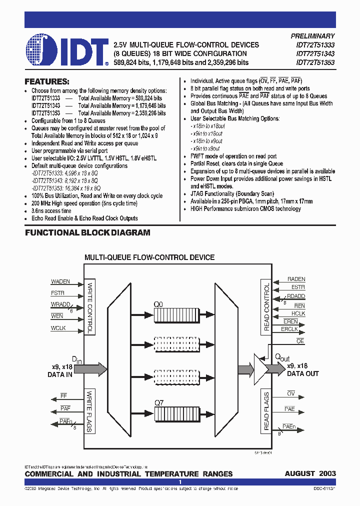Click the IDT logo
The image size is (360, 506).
[67, 49]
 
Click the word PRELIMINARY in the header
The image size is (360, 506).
[312, 36]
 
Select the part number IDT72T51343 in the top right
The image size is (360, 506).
[315, 54]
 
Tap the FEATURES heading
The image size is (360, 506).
[47, 81]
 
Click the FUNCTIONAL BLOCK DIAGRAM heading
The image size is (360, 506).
[87, 232]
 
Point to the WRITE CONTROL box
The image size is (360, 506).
[90, 308]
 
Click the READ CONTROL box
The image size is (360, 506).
[266, 308]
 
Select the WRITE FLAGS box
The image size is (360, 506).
[90, 411]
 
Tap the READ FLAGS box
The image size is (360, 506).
[266, 411]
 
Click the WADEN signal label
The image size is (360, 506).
[60, 282]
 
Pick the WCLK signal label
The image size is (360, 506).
[58, 328]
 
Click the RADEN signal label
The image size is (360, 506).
[296, 279]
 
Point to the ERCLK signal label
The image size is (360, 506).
[289, 329]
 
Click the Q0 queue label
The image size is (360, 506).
[158, 303]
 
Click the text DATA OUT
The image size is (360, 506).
[302, 373]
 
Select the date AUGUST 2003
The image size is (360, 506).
[310, 473]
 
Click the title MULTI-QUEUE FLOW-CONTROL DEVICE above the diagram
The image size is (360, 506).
[149, 257]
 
